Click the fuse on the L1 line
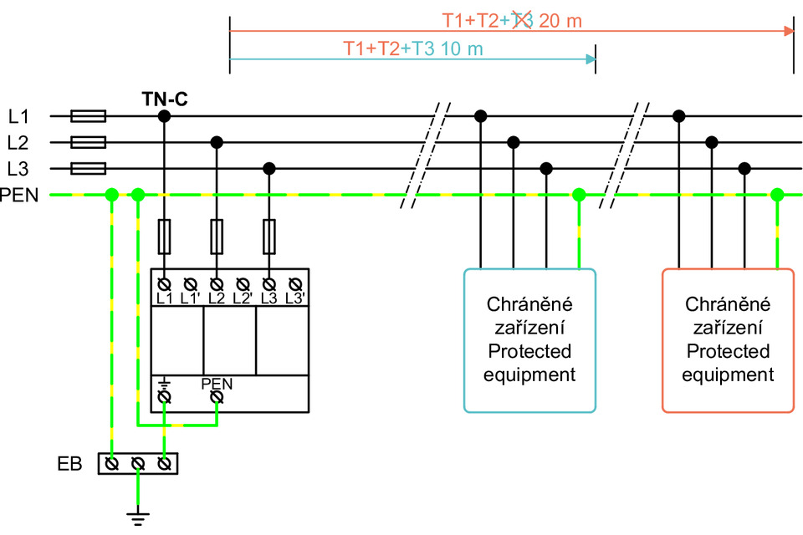(89, 116)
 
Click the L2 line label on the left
(18, 143)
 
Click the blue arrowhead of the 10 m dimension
(591, 59)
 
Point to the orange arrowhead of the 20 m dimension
(788, 31)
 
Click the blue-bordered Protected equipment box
(529, 339)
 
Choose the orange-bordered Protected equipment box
(727, 339)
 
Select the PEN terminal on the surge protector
(216, 396)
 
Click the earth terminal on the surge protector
(165, 396)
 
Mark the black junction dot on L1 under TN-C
(165, 116)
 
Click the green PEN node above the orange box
(777, 196)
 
